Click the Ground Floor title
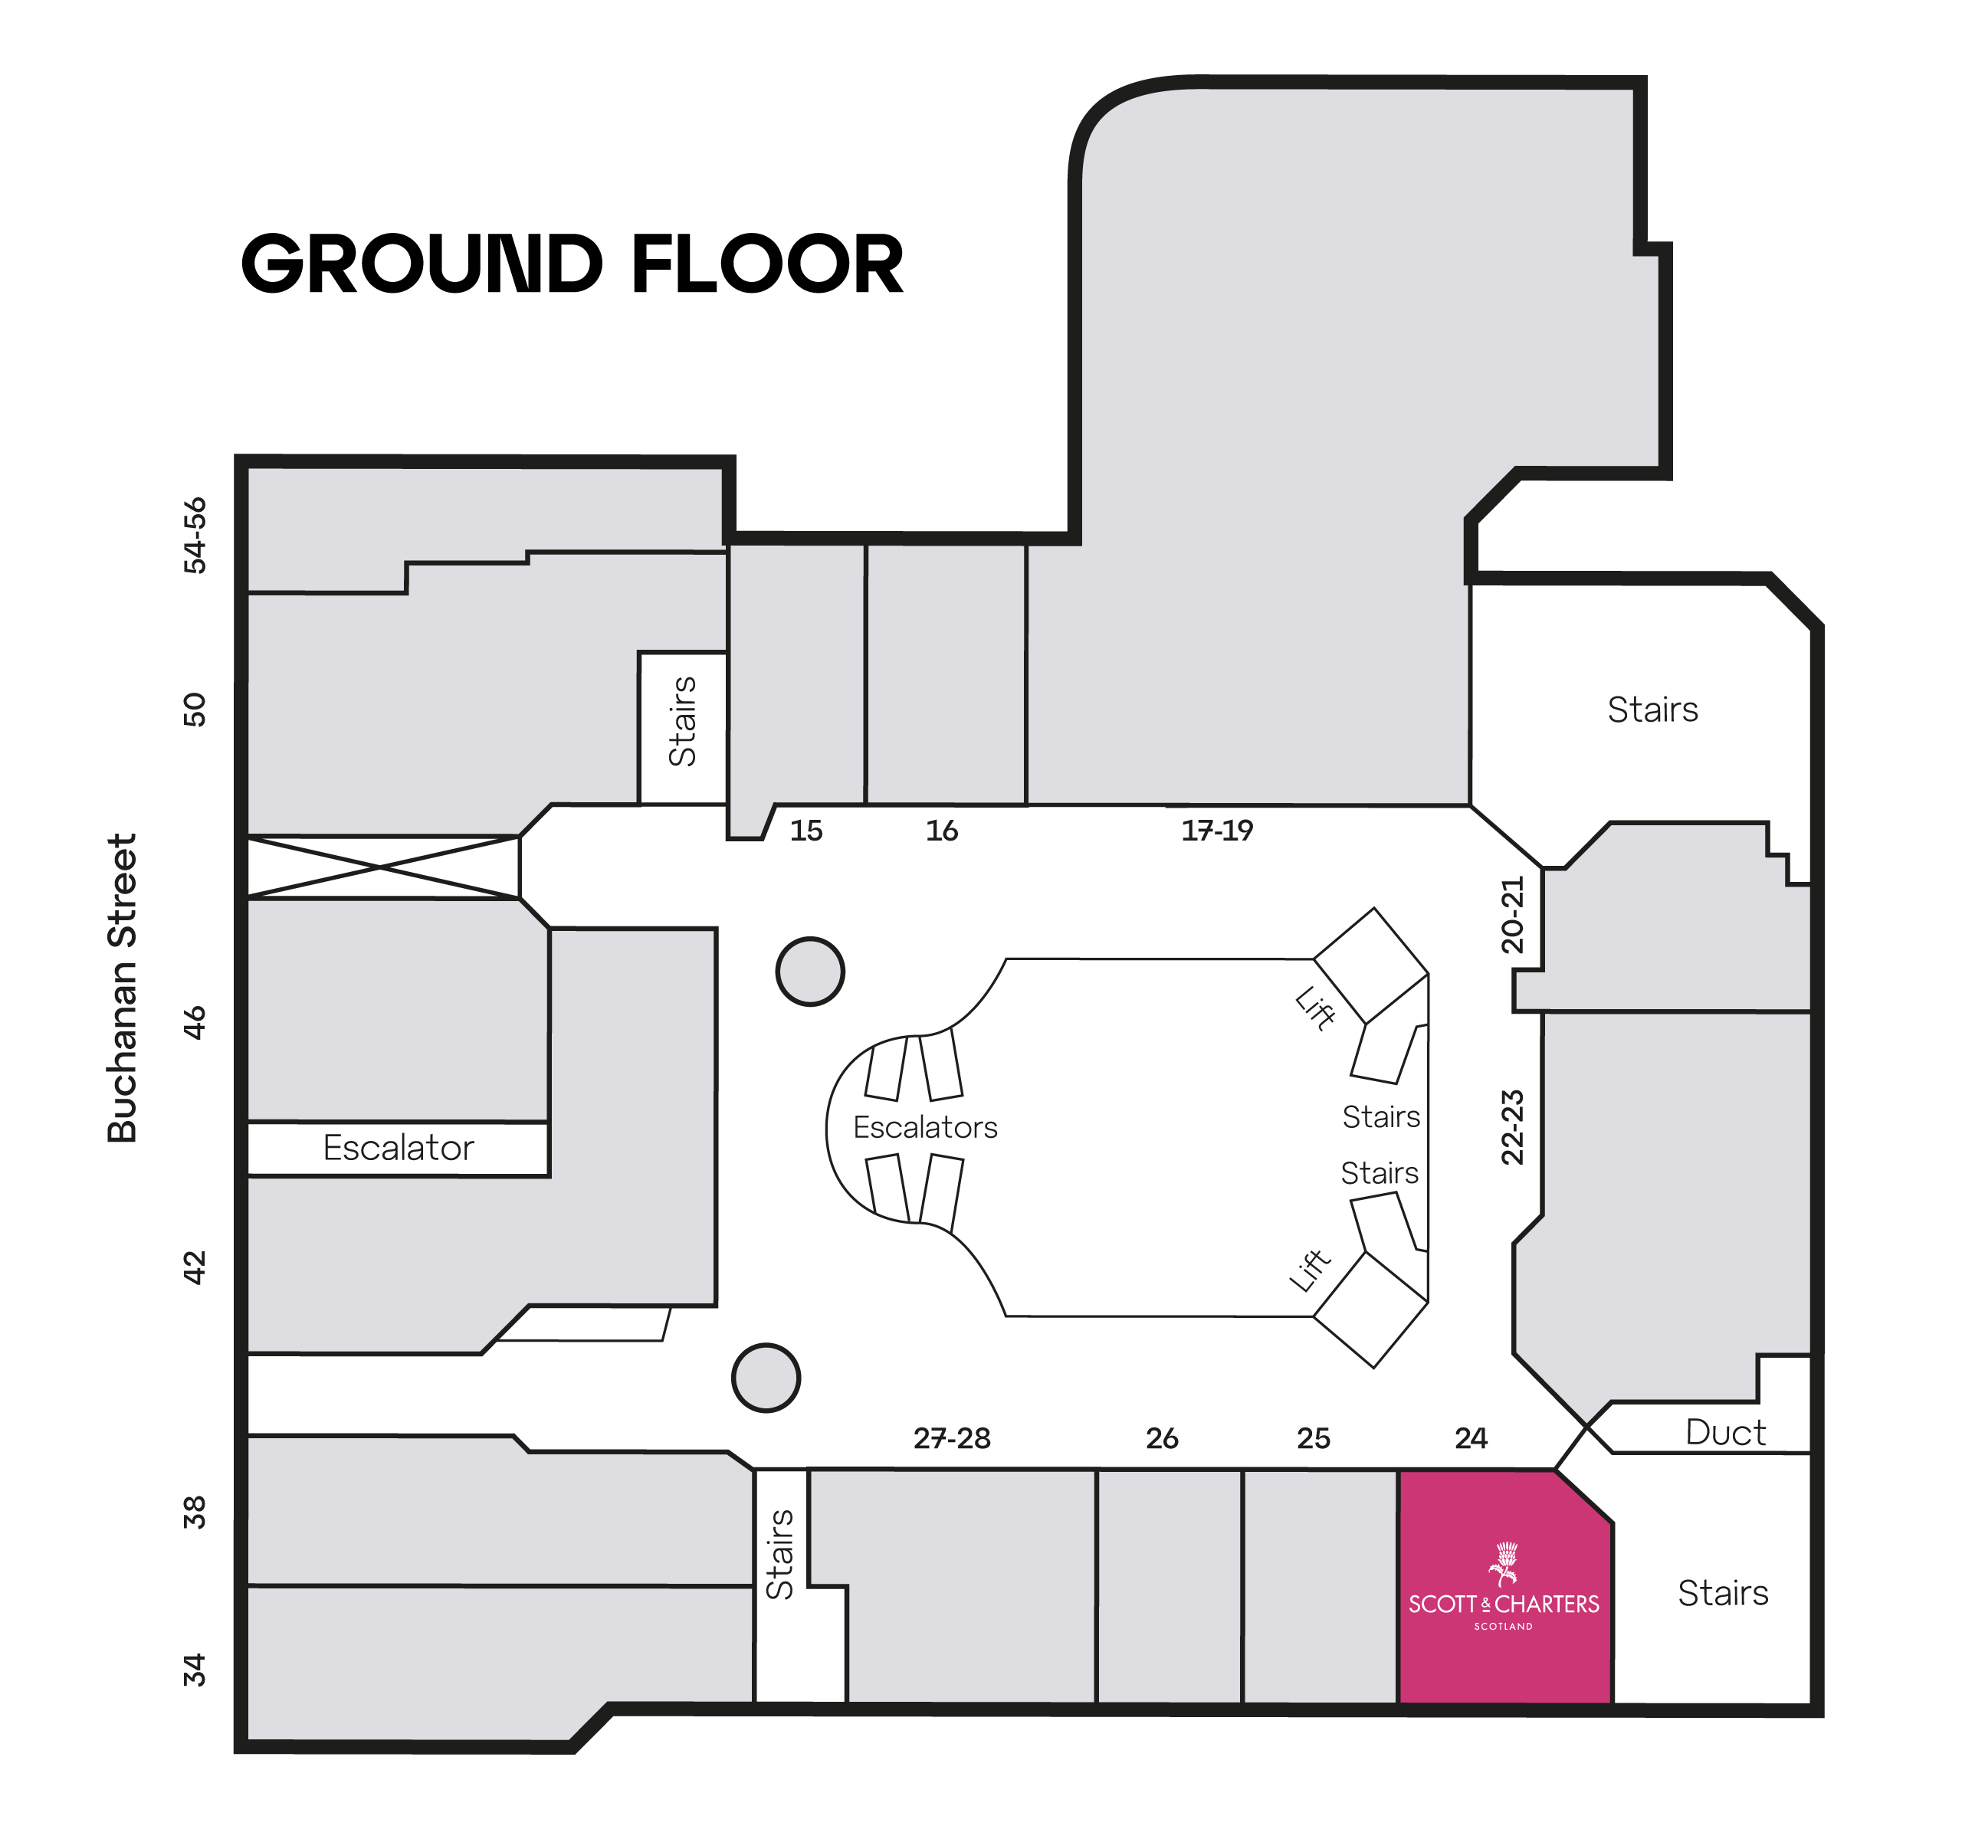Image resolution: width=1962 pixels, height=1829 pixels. tap(573, 264)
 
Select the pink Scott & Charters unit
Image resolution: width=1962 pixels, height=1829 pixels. tap(1505, 1588)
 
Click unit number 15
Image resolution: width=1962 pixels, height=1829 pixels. tap(806, 831)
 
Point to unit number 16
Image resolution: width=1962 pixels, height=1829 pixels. tap(941, 831)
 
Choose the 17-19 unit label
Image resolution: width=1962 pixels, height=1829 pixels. tap(1217, 831)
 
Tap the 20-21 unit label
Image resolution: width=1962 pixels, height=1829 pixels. tap(1512, 915)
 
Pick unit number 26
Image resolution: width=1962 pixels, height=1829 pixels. tap(1162, 1438)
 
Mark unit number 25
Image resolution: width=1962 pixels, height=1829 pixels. tap(1314, 1438)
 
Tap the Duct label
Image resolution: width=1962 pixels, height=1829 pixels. tap(1725, 1432)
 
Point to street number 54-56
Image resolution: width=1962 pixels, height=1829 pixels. tap(195, 535)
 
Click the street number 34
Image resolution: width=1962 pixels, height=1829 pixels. tap(195, 1670)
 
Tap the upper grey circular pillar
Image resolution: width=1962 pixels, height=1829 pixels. tap(810, 972)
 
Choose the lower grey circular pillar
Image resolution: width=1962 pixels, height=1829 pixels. tap(766, 1378)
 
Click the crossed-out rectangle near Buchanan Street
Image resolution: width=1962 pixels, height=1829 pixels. tap(383, 867)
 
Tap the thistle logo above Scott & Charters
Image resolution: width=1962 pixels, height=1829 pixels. tap(1503, 1565)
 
